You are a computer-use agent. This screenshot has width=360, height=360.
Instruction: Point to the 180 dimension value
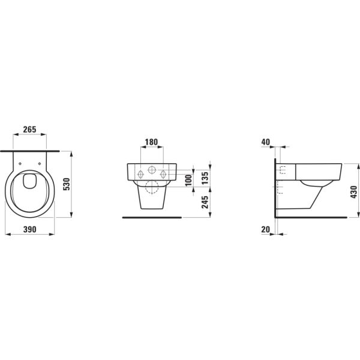point(152,143)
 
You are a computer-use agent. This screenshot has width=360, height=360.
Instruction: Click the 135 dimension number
point(205,177)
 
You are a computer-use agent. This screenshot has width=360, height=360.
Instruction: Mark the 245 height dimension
point(205,200)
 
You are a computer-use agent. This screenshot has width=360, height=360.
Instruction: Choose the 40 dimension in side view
point(266,142)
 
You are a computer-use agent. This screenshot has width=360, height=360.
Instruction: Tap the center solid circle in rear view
point(152,170)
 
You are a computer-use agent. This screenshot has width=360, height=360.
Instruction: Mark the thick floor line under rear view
point(152,217)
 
